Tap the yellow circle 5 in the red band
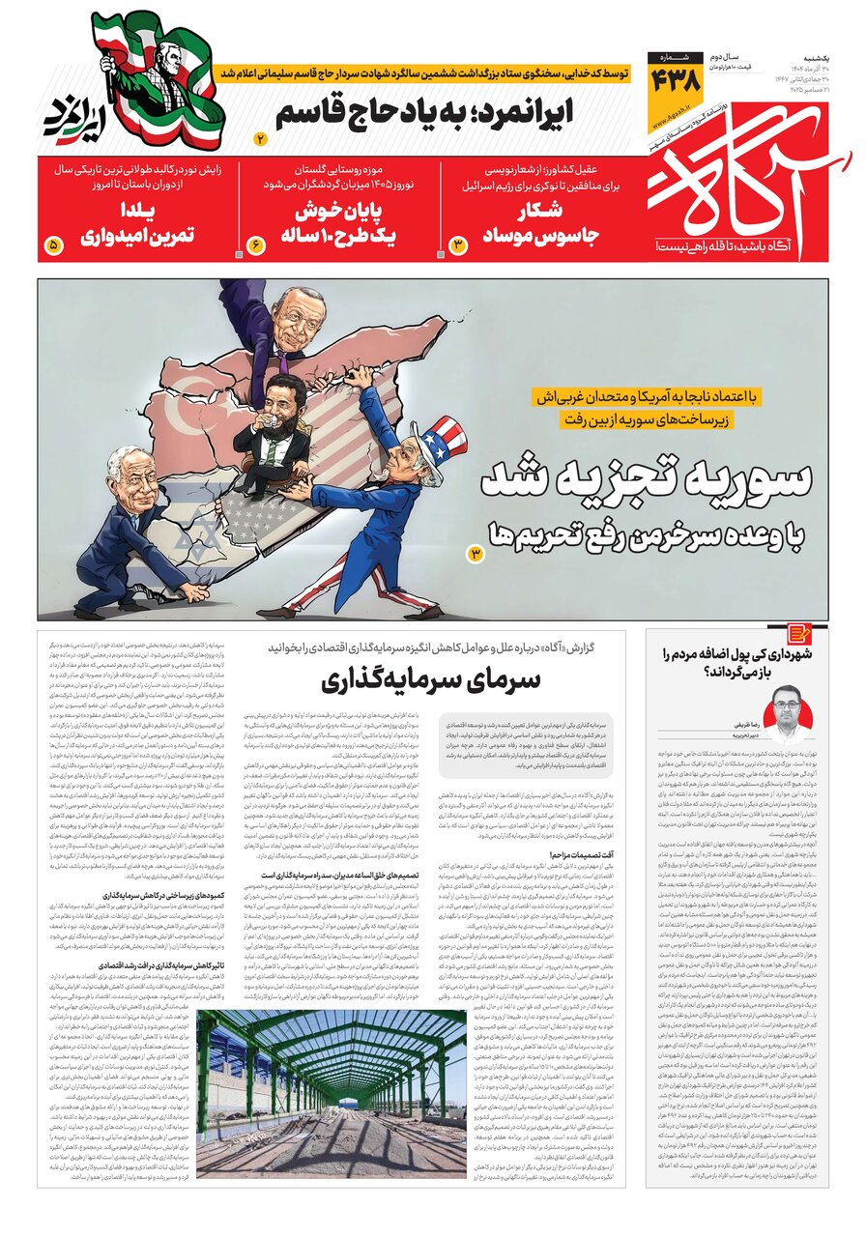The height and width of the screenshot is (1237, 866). point(52,245)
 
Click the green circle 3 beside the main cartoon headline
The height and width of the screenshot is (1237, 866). point(475,553)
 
